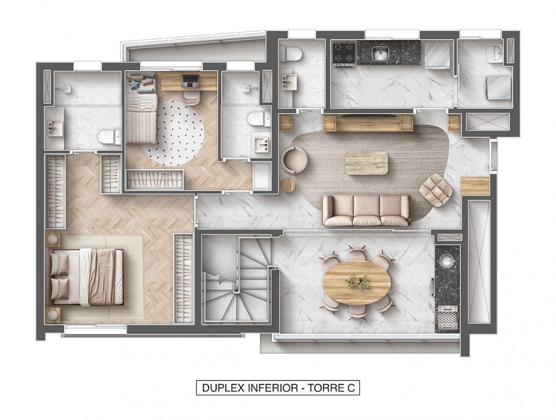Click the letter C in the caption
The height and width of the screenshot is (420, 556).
(x=351, y=388)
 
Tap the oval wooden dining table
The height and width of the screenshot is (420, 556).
(x=357, y=282)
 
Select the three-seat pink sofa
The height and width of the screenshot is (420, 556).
(x=366, y=211)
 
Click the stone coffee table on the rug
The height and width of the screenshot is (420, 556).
(x=366, y=163)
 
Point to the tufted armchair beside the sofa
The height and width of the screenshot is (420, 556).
(x=435, y=190)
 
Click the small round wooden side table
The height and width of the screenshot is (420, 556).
(x=288, y=185)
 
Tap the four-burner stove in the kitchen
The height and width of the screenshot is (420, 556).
(x=344, y=53)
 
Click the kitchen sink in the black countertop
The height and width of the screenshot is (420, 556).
(x=380, y=53)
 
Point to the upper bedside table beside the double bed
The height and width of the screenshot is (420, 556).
(x=52, y=239)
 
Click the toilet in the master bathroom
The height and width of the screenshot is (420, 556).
(x=109, y=137)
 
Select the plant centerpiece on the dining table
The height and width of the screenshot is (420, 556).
(x=358, y=282)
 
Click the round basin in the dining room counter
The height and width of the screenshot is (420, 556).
(x=448, y=262)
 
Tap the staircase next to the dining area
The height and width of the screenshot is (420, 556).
(x=236, y=280)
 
